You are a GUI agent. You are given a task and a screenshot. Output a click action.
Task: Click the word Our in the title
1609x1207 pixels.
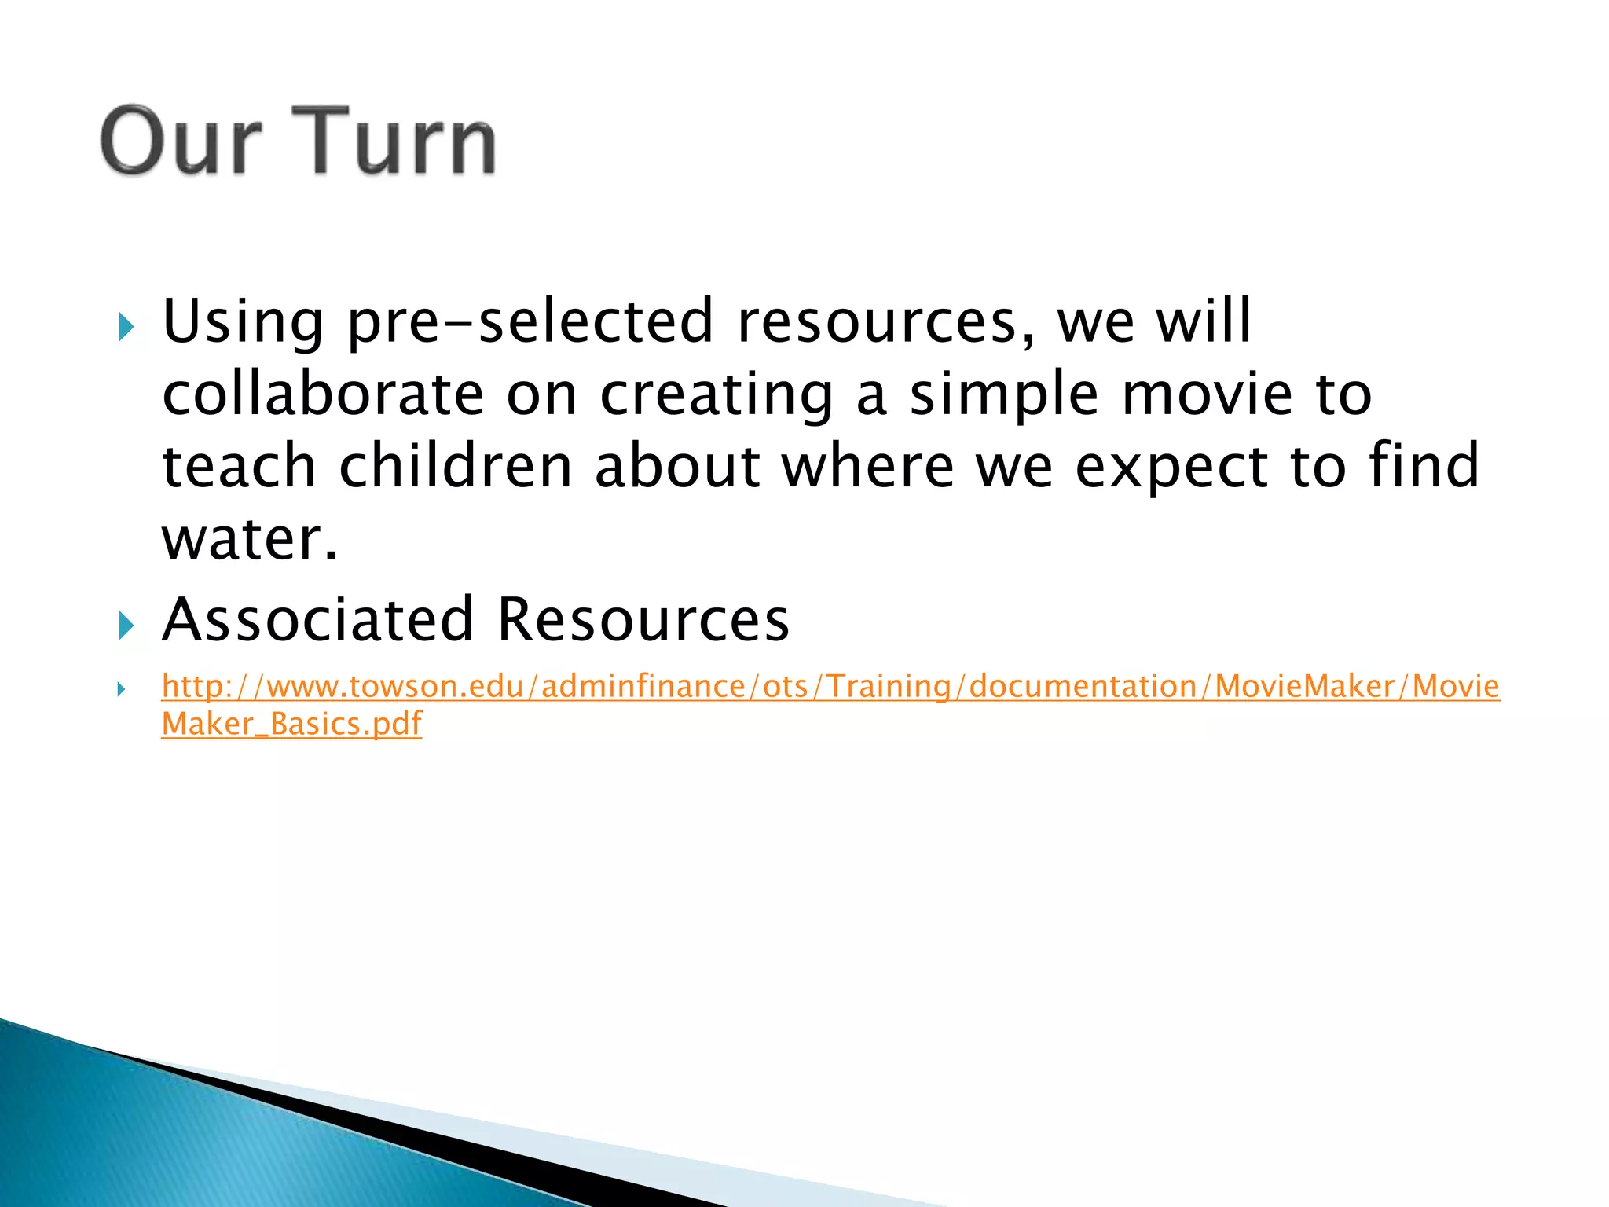(181, 141)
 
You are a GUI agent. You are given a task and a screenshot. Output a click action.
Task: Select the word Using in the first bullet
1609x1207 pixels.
(243, 322)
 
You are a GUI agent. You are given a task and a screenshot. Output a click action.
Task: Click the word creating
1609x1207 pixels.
(716, 395)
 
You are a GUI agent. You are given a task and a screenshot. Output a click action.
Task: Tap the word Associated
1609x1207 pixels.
(317, 619)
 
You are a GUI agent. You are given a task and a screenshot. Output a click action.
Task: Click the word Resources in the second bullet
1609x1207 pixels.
(643, 619)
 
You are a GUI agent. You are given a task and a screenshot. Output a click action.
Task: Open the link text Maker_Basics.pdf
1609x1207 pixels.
(291, 724)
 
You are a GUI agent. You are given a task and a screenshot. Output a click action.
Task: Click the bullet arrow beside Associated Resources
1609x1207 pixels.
(126, 626)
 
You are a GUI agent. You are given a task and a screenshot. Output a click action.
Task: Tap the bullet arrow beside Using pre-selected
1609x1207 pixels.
(126, 327)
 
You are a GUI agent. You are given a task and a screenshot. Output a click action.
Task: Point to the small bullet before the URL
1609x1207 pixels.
(121, 690)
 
